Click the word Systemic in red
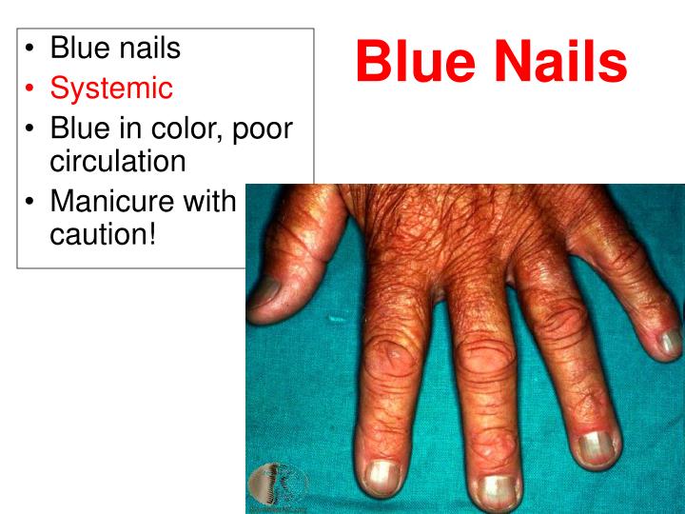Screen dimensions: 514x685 (111, 89)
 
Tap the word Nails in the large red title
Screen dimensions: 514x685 (560, 62)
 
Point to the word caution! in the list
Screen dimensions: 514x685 (102, 234)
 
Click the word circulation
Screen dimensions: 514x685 (117, 160)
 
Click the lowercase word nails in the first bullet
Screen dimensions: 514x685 (145, 47)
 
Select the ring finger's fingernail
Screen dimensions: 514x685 (595, 445)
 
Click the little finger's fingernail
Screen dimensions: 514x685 (670, 342)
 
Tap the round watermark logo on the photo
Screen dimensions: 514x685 (277, 484)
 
